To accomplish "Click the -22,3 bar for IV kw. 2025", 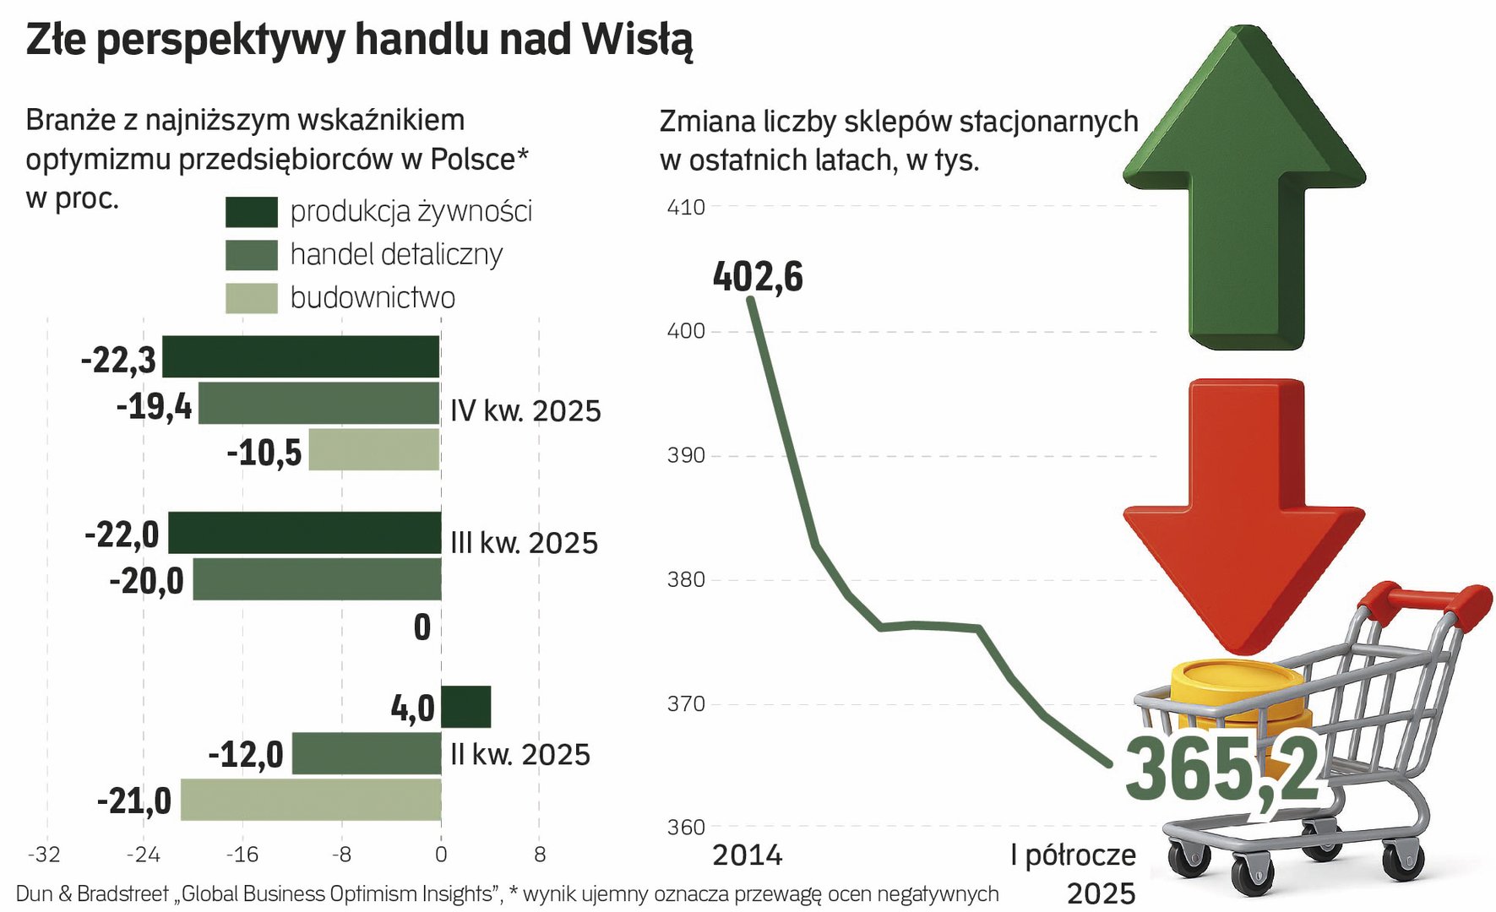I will tap(301, 356).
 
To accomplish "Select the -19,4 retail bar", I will tap(319, 403).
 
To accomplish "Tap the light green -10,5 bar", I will tap(374, 449).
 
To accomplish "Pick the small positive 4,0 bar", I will tap(465, 707).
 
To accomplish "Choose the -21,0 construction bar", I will tap(311, 800).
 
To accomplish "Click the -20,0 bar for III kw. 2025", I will tap(317, 579).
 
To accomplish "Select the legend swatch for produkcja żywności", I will tap(252, 212).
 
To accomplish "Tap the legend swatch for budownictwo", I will tap(252, 298).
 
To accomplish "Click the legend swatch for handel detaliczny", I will tap(252, 255).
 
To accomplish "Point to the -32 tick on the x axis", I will tap(44, 855).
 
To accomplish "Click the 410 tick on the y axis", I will tap(686, 208).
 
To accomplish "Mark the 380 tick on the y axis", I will tap(686, 580).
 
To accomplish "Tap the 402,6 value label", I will tap(758, 277).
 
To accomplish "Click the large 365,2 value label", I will tap(1221, 768).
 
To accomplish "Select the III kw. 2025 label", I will tap(524, 543).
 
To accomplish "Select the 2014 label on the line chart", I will tap(748, 855).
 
